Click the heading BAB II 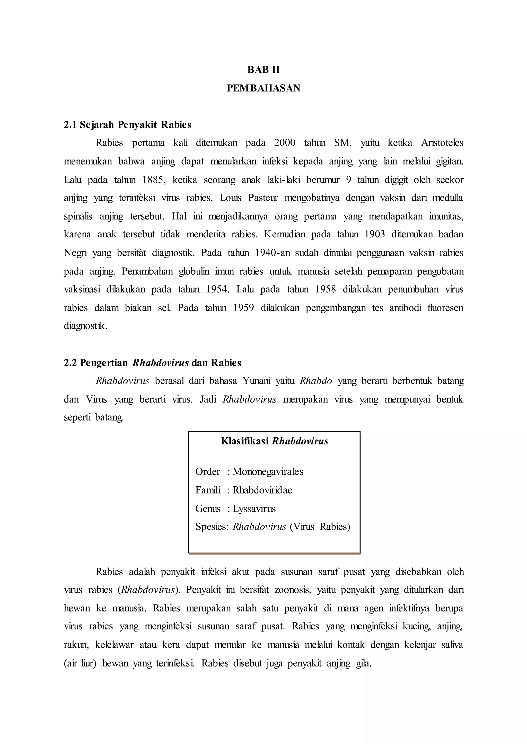point(263,70)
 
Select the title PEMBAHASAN point(263,88)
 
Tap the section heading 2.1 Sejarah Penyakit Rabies point(128,125)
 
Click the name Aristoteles point(442,143)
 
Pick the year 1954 point(217,289)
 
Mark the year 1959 point(243,308)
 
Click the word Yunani point(256,381)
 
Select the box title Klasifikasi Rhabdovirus point(275,441)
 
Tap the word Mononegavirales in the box point(268,472)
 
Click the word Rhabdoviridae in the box point(262,490)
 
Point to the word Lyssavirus point(254,509)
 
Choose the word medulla point(447,198)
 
